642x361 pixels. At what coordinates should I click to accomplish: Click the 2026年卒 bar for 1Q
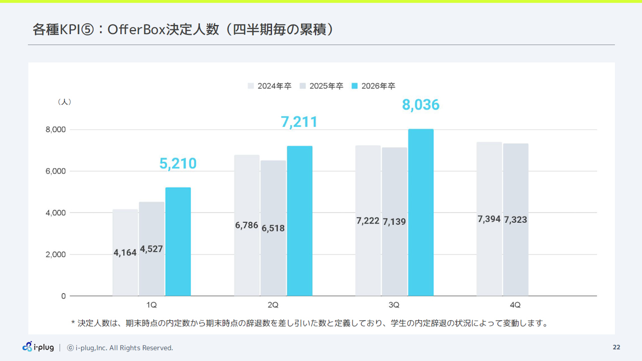pos(178,242)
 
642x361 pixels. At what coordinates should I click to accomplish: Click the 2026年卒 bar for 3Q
pos(421,213)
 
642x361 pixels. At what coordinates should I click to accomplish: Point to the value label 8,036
pos(420,105)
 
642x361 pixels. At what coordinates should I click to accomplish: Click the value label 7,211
pos(299,122)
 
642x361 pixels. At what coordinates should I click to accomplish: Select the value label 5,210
pos(178,163)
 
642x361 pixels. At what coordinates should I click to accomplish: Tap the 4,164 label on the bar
pos(125,253)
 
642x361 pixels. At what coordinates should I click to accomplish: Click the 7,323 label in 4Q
pos(516,220)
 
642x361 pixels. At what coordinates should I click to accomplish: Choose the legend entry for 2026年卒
pos(374,86)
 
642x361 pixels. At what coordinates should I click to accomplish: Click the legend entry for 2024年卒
pos(270,86)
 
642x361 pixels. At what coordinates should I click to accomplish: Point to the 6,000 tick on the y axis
pos(55,171)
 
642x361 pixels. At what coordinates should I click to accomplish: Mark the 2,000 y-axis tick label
pos(55,254)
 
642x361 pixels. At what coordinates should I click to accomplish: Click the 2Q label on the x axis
pos(273,305)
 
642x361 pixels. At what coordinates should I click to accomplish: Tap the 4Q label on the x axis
pos(515,305)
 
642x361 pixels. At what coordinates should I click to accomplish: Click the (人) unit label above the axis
pos(64,102)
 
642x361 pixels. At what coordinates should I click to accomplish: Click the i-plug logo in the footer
pos(38,347)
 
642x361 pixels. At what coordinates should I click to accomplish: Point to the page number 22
pos(616,347)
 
